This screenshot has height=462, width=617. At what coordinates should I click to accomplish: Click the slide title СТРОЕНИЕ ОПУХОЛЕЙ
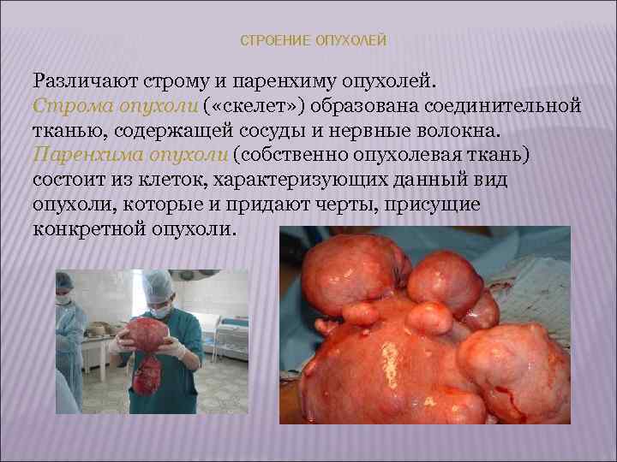pyautogui.click(x=314, y=41)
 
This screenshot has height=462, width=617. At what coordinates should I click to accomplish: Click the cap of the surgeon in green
pyautogui.click(x=159, y=285)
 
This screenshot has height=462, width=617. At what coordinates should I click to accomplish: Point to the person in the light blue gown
pyautogui.click(x=69, y=334)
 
